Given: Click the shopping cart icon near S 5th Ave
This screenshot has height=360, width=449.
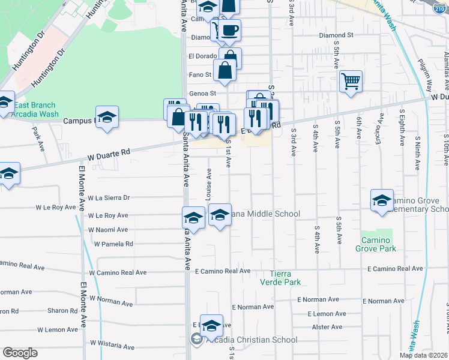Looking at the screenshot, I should coord(351,80).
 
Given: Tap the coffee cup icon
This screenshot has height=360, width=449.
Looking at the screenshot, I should coord(228,31).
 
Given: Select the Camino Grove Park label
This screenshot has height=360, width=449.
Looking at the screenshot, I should coord(376,244).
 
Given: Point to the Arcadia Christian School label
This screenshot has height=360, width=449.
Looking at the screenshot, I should coord(250,340).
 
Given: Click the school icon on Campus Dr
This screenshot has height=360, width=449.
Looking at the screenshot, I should coord(107,117).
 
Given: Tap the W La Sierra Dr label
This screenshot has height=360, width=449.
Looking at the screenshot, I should coord(109,197).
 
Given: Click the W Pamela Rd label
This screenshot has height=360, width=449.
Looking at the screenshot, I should coord(113,244).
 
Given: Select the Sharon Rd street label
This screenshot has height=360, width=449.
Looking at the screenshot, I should coord(62,311).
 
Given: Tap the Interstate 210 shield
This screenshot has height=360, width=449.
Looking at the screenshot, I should coord(439,7).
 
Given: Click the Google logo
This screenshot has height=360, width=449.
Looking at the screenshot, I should coord(20,353).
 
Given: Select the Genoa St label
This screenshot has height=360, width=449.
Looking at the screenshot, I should coord(203,94).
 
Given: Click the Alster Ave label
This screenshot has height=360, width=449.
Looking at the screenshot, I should coord(327,327).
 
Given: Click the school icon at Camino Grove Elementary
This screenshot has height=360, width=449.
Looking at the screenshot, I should coord(382,201).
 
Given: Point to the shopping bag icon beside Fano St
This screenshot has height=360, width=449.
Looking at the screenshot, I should coord(224,70).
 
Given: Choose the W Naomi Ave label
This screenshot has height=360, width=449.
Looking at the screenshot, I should coord(108,230).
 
